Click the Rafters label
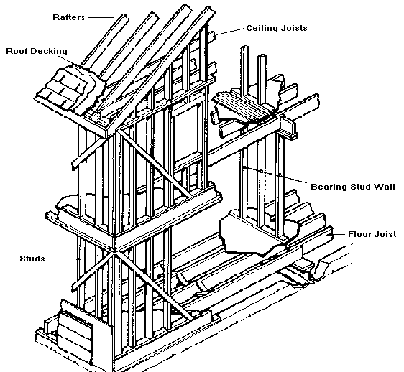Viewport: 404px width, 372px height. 69,17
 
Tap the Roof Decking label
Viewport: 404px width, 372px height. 37,51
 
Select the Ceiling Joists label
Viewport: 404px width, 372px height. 277,28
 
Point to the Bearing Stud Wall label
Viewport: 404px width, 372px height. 353,187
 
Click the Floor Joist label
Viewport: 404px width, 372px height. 372,234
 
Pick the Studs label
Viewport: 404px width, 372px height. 32,259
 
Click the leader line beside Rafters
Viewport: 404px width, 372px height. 101,17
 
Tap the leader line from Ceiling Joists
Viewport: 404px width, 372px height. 229,32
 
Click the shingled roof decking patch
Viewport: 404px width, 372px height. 70,88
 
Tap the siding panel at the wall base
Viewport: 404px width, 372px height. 75,332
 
